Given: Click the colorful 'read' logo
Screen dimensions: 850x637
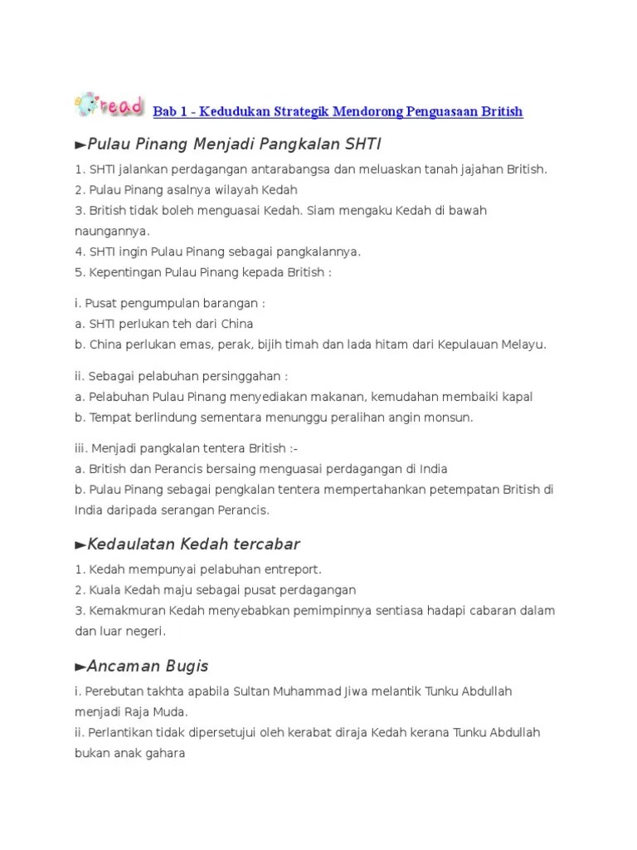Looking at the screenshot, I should point(109,105).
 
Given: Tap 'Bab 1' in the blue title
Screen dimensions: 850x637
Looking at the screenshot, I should point(171,111).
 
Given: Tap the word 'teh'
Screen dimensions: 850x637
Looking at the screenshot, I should point(163,324).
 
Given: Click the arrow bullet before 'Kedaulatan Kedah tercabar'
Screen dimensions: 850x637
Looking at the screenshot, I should point(80,545).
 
